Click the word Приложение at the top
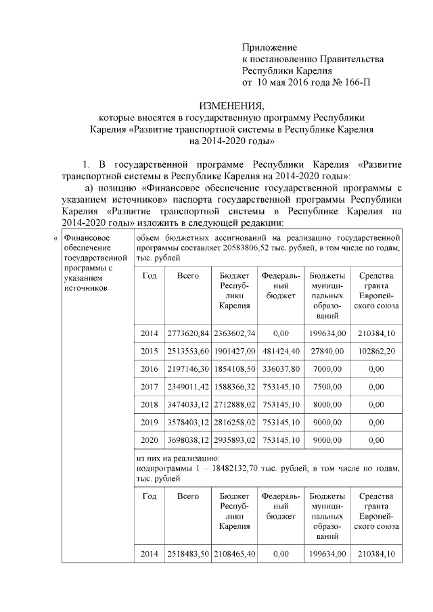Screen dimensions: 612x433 (270, 47)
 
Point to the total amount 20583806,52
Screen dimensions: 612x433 (269, 248)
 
